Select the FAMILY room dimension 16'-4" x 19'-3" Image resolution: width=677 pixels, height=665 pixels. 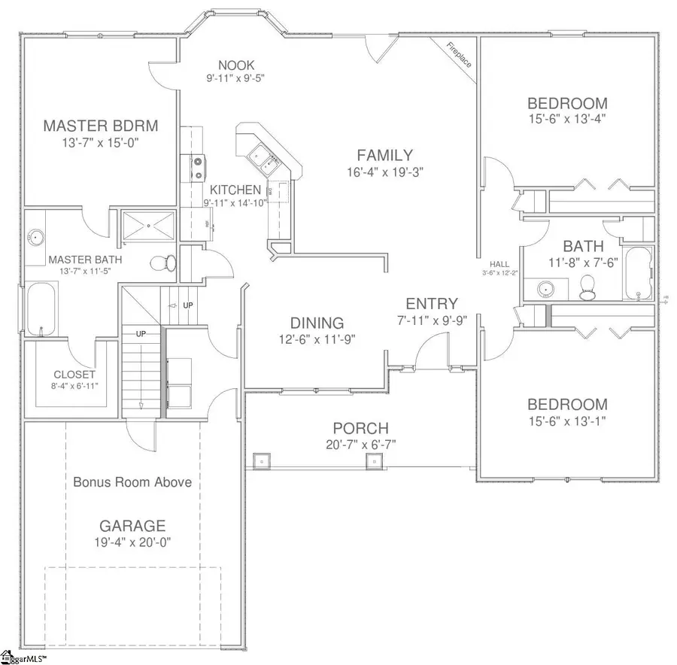384,172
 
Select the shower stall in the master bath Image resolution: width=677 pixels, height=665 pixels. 148,224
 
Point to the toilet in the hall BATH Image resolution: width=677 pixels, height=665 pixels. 587,285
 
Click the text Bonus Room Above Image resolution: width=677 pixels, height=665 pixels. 132,482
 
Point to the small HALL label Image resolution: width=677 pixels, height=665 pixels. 499,264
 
